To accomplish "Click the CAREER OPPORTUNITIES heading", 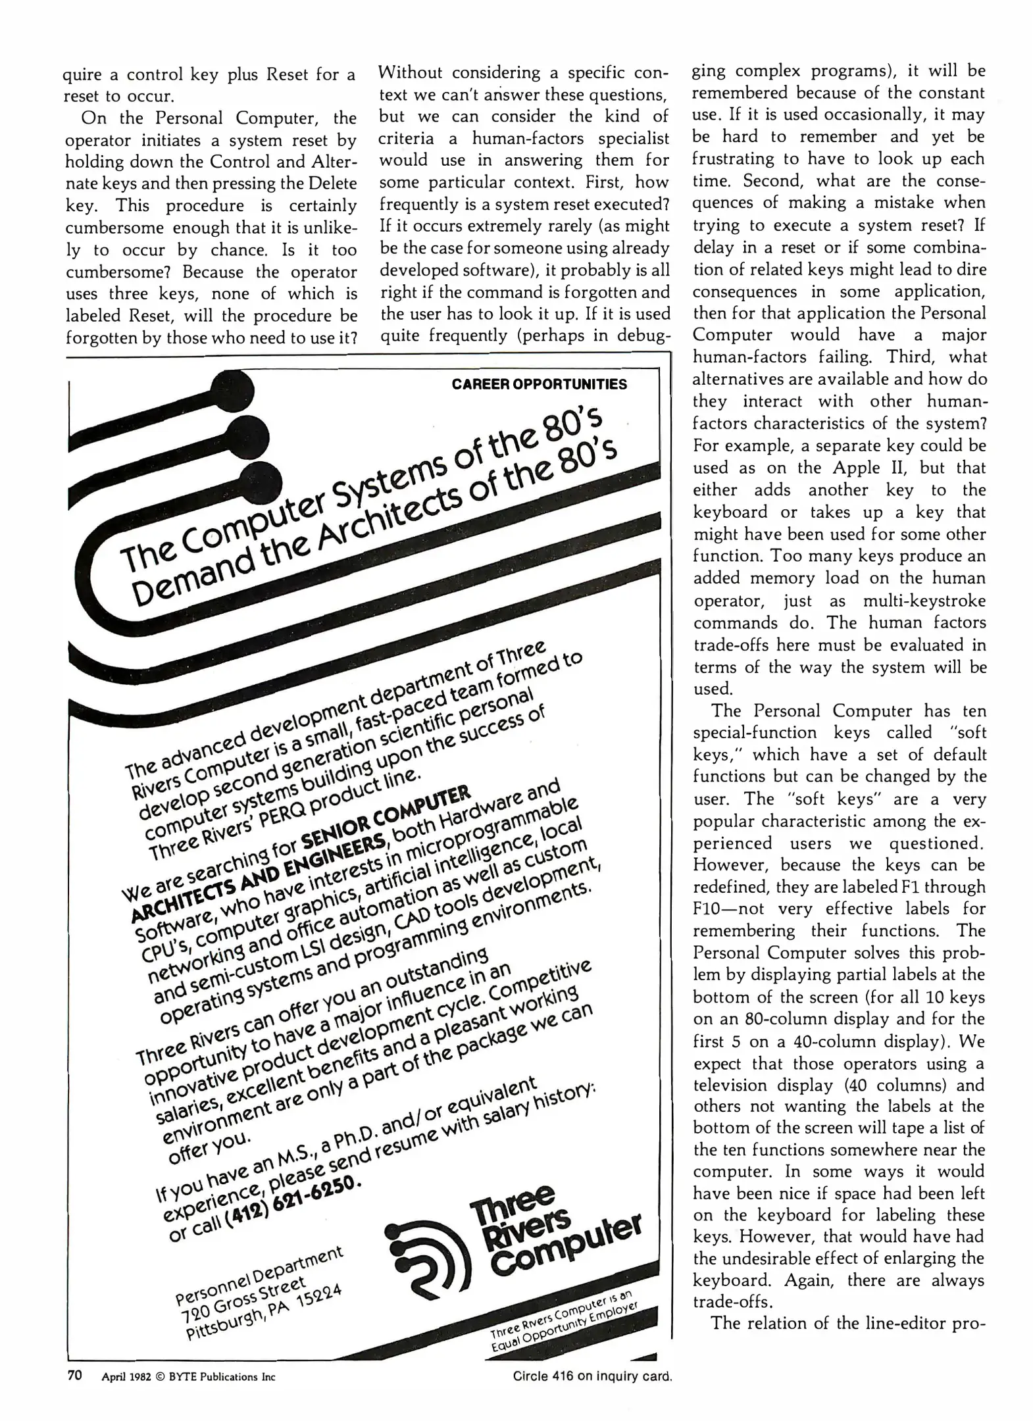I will [539, 384].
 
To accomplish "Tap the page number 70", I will [74, 1375].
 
